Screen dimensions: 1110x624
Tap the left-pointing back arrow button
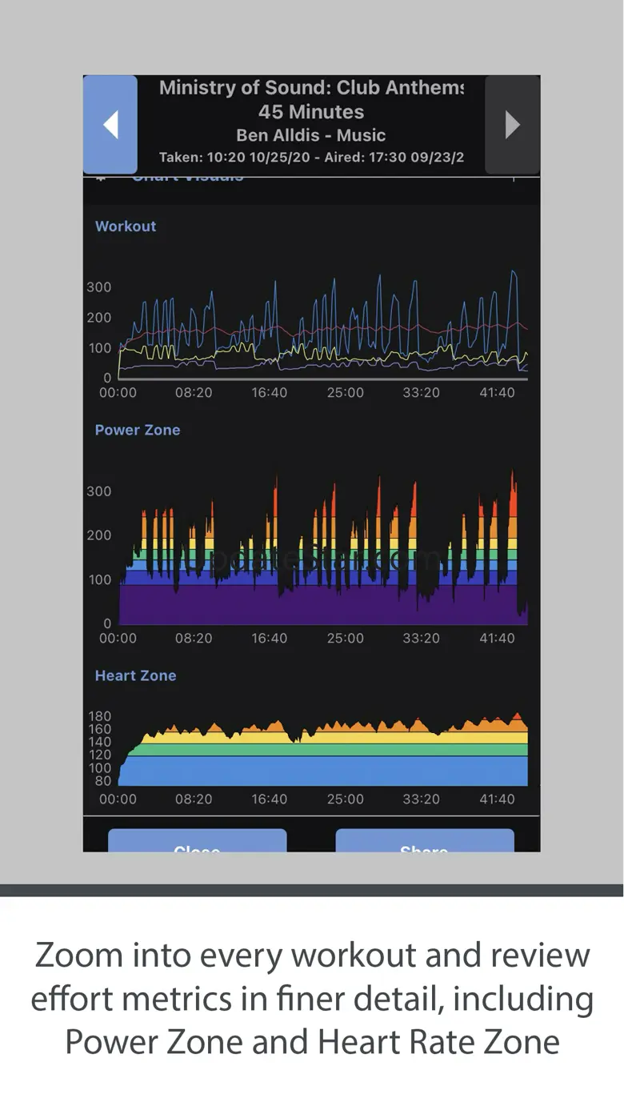(110, 124)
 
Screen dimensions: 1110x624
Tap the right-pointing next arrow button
(513, 124)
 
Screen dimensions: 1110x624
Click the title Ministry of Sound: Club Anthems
(310, 88)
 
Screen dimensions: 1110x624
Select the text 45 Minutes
(311, 112)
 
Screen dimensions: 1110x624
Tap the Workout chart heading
(126, 226)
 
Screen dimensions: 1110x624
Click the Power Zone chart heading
(138, 430)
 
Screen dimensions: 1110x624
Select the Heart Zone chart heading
(135, 675)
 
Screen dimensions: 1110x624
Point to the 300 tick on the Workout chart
(99, 287)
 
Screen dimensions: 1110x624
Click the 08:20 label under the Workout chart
(194, 393)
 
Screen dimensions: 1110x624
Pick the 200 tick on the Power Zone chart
(99, 535)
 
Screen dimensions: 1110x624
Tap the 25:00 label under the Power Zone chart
(346, 639)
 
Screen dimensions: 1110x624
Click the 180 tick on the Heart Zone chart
(100, 716)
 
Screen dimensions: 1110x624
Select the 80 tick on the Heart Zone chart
(103, 781)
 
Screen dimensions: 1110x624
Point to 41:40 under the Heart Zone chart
(497, 799)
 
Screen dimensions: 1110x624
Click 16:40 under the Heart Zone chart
(270, 799)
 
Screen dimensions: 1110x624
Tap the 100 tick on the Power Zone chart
(99, 579)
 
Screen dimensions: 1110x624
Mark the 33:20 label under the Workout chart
(421, 393)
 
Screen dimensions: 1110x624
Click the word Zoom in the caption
(78, 956)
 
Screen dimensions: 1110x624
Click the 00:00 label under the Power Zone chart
(118, 639)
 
